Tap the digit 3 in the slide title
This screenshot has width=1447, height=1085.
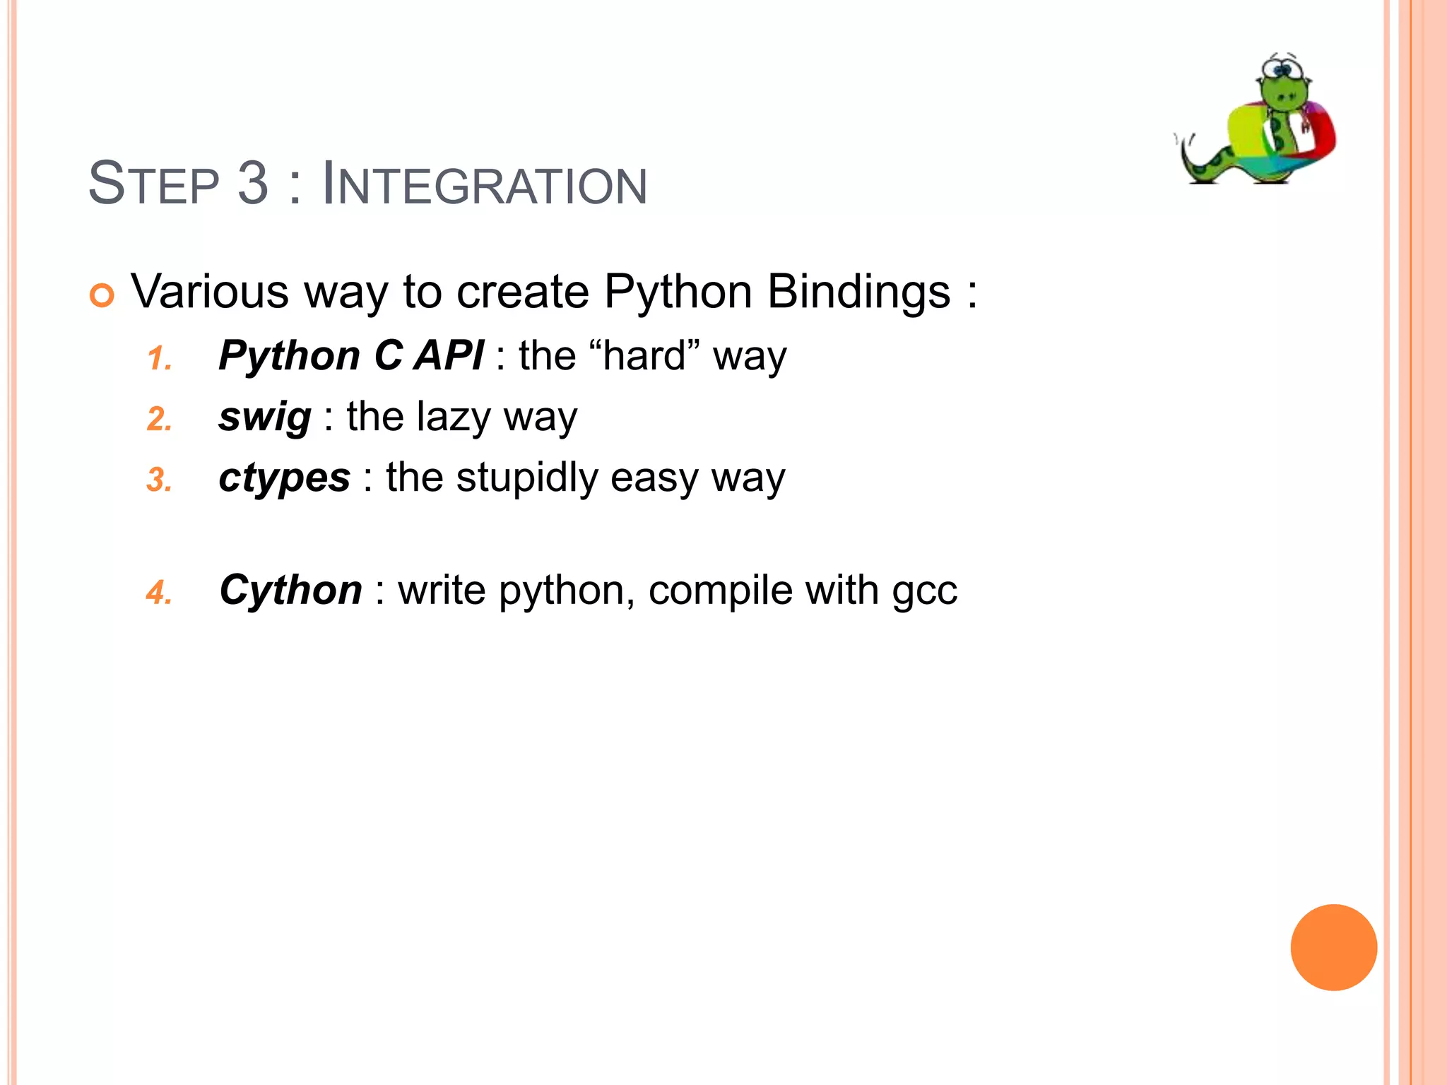[x=252, y=184]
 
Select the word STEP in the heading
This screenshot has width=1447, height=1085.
[x=153, y=184]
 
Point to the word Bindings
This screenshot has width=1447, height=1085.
[x=858, y=292]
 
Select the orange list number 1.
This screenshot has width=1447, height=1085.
[x=160, y=359]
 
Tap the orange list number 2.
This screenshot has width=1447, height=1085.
[x=160, y=420]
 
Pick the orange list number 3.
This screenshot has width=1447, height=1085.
[x=160, y=480]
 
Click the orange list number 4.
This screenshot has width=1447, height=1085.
[x=160, y=593]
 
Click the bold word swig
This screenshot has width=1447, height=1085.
[x=264, y=417]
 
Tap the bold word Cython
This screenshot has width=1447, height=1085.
[x=290, y=590]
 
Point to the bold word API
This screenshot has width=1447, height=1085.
[x=449, y=355]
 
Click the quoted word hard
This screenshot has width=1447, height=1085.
[x=644, y=355]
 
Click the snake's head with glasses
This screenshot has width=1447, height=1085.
[x=1284, y=81]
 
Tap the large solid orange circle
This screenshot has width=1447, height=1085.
[x=1333, y=947]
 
